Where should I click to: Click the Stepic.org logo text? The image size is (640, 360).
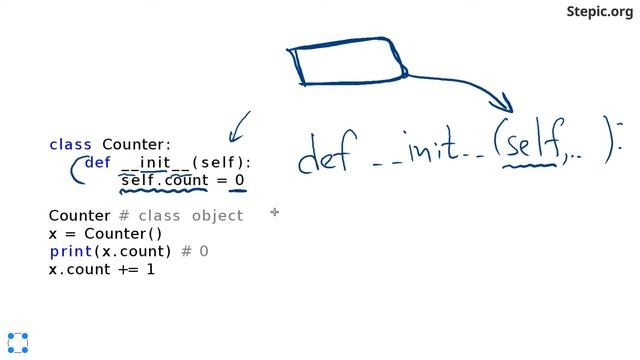[599, 12]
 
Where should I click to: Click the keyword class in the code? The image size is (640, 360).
[70, 145]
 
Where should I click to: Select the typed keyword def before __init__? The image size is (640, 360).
[97, 163]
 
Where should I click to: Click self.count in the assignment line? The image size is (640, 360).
[162, 181]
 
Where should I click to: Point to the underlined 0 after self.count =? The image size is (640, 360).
[239, 181]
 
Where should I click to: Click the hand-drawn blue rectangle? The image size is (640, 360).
[345, 63]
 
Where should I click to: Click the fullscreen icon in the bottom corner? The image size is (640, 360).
[17, 342]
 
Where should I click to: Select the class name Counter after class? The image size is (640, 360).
[136, 145]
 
